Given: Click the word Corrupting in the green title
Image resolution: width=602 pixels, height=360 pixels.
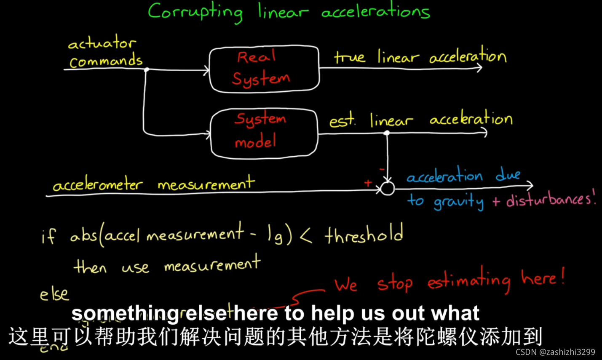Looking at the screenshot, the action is (x=195, y=12).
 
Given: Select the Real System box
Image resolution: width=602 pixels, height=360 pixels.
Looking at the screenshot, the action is (x=264, y=69).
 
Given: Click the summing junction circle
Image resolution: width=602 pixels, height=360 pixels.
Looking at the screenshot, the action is (x=387, y=188).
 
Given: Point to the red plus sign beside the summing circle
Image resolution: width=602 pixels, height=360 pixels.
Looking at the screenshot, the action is (x=368, y=183).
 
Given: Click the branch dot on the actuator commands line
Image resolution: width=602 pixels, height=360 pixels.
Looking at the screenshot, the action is (x=146, y=69).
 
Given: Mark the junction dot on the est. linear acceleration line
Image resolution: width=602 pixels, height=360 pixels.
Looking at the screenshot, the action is (x=387, y=133).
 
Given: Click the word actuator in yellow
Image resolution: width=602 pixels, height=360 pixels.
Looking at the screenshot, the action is (x=102, y=43).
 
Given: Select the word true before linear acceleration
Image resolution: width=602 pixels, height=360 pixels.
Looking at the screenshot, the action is (x=349, y=57).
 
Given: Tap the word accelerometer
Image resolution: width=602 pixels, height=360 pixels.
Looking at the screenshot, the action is (x=98, y=185).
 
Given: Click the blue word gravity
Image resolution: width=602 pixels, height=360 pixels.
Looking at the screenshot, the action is (x=458, y=202).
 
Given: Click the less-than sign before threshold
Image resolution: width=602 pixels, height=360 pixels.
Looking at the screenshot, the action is (x=306, y=236).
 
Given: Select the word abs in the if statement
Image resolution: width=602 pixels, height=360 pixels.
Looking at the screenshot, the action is (x=83, y=236).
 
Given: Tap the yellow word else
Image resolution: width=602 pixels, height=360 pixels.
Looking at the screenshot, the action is (x=54, y=293).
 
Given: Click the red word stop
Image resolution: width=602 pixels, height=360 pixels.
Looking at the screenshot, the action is (x=394, y=284).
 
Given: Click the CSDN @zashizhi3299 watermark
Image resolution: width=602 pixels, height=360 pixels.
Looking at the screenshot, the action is (x=555, y=352).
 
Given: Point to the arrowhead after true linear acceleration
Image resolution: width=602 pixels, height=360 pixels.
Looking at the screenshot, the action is (x=479, y=68).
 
